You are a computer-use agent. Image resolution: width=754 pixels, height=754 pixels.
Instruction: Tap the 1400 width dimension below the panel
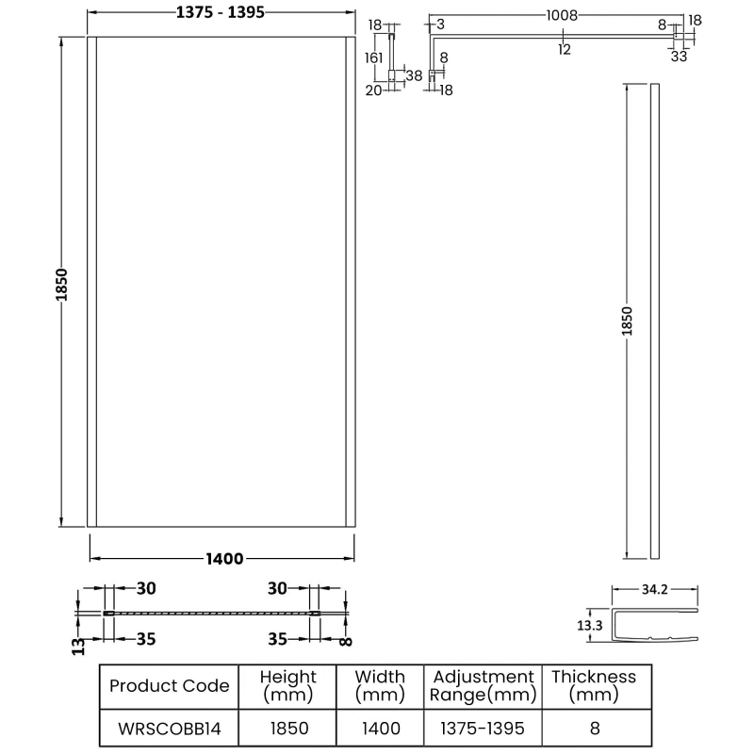(x=224, y=559)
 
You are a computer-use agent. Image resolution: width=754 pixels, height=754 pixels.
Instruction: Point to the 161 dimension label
(x=373, y=58)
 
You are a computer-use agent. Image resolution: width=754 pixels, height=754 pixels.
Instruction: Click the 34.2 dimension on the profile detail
(x=654, y=591)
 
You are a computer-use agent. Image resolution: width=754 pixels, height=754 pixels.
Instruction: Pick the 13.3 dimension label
(x=591, y=626)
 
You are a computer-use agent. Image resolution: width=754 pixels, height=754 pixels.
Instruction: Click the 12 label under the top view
(x=564, y=50)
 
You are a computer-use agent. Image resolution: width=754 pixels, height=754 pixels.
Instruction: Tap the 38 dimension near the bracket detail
(x=413, y=74)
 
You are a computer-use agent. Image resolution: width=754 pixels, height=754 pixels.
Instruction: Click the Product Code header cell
(x=169, y=685)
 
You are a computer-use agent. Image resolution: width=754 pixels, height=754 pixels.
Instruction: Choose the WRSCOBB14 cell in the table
(x=169, y=728)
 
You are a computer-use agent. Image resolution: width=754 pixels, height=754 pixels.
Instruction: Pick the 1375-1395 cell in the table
(x=482, y=728)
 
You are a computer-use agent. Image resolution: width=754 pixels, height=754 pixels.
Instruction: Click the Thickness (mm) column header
(x=593, y=685)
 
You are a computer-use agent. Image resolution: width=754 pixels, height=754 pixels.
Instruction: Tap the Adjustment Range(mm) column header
(x=482, y=685)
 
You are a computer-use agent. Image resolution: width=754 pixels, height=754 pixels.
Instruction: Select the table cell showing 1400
(x=381, y=728)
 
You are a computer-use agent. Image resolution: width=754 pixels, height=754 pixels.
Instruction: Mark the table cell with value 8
(x=593, y=728)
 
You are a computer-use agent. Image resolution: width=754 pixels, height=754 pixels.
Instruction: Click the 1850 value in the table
(x=288, y=728)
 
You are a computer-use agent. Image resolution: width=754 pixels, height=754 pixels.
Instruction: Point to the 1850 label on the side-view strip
(x=628, y=320)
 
